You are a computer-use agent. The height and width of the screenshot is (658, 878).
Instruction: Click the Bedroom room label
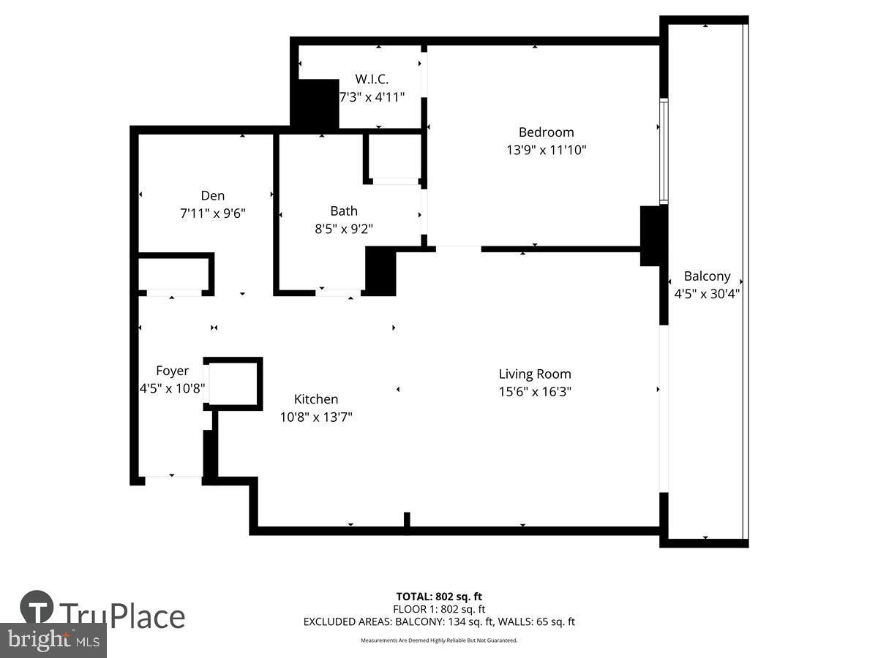(546, 132)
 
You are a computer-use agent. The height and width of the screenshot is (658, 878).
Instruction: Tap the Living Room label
(535, 374)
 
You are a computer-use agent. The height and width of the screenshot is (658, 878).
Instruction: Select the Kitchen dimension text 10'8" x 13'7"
(316, 417)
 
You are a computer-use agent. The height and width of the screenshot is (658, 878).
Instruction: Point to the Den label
(212, 195)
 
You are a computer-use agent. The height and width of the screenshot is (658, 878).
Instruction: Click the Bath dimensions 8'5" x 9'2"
(344, 229)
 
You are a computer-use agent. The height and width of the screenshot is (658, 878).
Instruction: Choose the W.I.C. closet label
(372, 79)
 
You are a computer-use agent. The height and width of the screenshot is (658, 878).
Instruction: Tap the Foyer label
(173, 371)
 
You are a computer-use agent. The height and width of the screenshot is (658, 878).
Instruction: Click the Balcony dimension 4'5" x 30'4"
(707, 294)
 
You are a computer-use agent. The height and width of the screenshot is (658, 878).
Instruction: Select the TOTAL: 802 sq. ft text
(439, 597)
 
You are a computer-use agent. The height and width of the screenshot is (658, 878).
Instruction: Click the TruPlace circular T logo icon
(37, 607)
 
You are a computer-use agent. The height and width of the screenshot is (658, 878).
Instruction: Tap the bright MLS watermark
(53, 640)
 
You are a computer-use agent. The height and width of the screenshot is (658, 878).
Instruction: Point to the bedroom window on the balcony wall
(664, 151)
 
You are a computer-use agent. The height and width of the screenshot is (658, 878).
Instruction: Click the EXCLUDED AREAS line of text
(439, 621)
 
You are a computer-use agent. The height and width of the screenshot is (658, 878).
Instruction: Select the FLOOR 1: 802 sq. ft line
(439, 609)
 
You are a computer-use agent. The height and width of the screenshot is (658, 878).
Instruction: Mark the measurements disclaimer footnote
(439, 640)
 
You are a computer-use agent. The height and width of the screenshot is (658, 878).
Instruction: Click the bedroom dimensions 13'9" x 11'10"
(546, 150)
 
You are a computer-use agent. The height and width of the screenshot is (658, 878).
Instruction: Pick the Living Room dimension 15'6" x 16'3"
(535, 392)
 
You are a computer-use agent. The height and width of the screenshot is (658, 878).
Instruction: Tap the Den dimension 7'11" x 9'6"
(212, 213)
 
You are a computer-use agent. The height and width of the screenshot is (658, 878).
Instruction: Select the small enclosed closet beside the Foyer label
(233, 384)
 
